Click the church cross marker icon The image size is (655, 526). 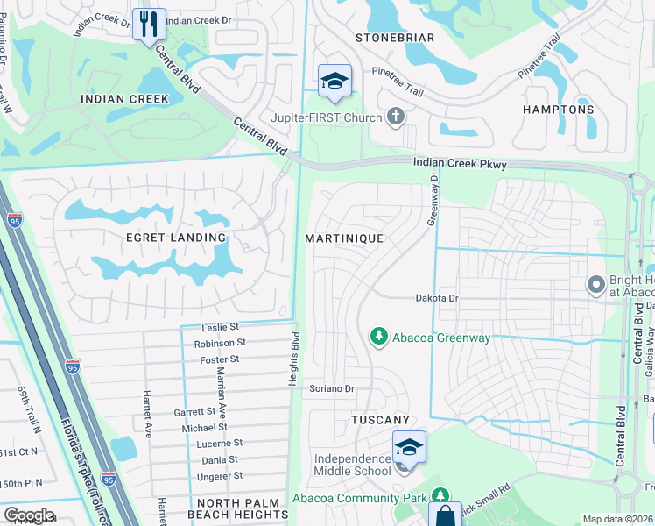click(x=396, y=117)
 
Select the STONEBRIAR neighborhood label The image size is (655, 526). click(x=394, y=38)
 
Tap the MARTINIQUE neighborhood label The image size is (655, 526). click(x=344, y=238)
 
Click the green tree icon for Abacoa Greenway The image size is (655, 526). click(x=378, y=337)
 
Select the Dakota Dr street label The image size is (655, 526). click(x=437, y=298)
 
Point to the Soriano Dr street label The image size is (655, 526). click(x=331, y=388)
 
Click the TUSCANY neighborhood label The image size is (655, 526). click(x=381, y=421)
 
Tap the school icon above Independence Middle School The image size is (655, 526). click(x=408, y=446)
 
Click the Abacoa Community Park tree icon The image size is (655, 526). click(x=440, y=497)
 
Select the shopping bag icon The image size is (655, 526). click(x=445, y=515)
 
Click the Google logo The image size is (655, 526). click(x=29, y=515)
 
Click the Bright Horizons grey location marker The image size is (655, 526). click(x=596, y=284)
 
